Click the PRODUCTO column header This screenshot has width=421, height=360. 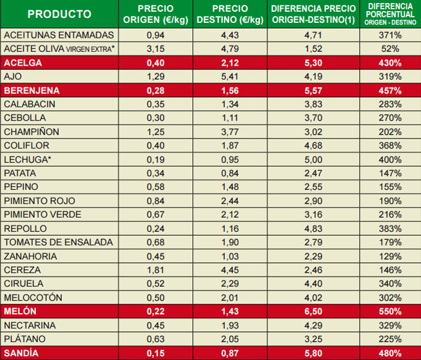point(59,14)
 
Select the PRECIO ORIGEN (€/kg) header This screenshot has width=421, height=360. point(155,14)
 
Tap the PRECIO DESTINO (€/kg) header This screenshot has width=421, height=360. point(230,14)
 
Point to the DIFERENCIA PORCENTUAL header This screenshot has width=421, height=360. point(390,14)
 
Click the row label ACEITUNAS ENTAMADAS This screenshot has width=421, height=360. point(59,35)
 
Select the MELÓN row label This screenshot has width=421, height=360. point(20,312)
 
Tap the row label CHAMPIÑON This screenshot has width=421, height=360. point(33,132)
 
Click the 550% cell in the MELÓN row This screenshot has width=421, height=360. point(390,312)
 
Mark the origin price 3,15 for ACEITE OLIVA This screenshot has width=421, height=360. point(155,48)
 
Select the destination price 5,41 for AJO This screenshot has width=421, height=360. point(230,76)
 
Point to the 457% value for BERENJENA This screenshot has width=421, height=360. point(390,90)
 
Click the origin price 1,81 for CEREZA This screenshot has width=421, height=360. point(155,270)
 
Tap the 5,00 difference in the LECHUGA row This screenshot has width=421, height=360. point(313,160)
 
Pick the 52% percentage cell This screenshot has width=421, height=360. point(390,48)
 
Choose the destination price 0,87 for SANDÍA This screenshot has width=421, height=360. point(230,353)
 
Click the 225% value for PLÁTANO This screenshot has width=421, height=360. point(390,339)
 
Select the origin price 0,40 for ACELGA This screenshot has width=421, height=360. point(155,62)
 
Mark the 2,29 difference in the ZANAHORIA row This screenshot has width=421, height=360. point(313,256)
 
